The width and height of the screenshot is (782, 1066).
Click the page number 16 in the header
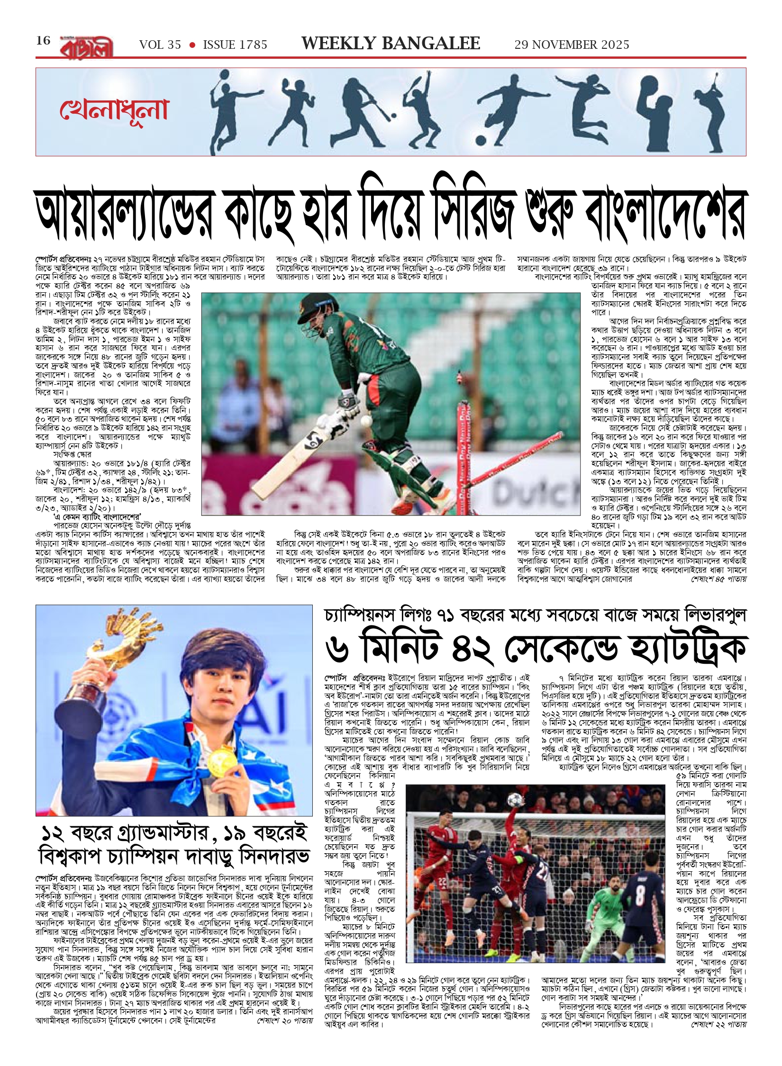tap(43, 41)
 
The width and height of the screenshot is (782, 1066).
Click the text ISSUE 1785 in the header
tap(235, 45)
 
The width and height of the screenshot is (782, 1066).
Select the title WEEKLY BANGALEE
tap(391, 44)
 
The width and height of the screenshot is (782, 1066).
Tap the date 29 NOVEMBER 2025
tap(572, 45)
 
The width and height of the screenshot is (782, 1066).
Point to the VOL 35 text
tap(160, 45)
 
